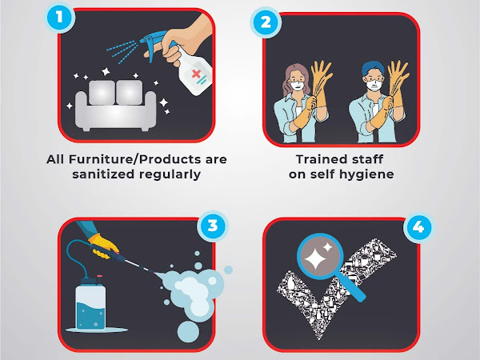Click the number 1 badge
59,17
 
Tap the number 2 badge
266,22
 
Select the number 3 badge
213,226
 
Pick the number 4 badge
418,227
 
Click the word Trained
318,159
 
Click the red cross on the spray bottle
196,74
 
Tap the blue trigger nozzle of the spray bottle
153,43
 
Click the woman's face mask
298,86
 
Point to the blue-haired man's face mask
374,85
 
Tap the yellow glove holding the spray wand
103,246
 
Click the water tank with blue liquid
90,303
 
